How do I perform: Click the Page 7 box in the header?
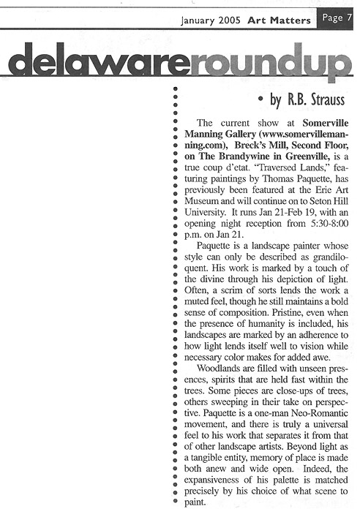coord(336,20)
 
